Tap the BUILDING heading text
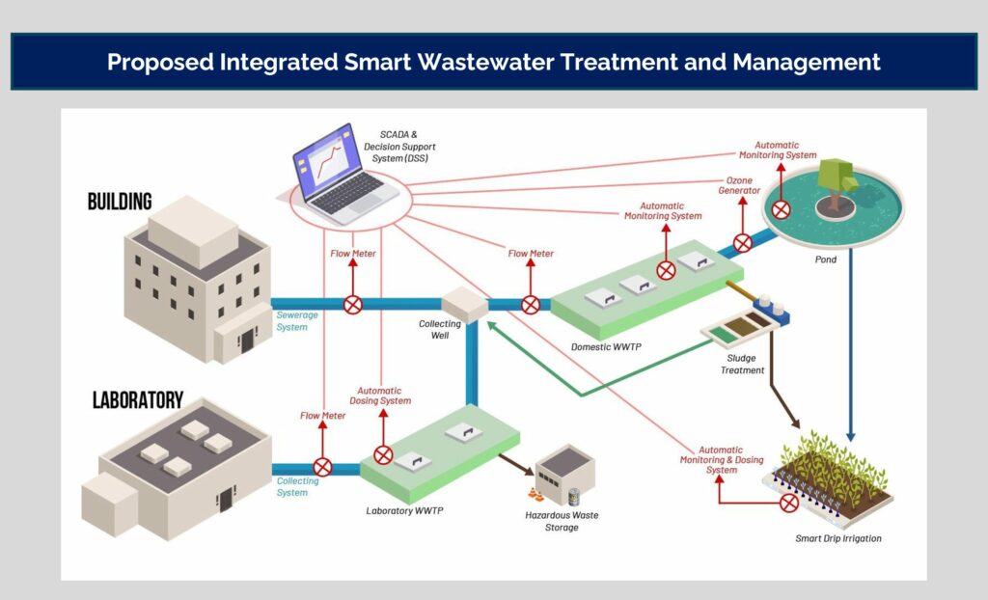pyautogui.click(x=120, y=202)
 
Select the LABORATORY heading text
pyautogui.click(x=138, y=399)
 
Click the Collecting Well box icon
pyautogui.click(x=464, y=304)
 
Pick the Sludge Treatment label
pyautogui.click(x=743, y=364)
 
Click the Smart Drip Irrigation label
pyautogui.click(x=838, y=538)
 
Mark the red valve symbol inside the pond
pyautogui.click(x=781, y=209)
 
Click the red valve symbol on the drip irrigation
pyautogui.click(x=789, y=503)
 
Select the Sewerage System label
pyautogui.click(x=291, y=321)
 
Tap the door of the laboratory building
pyautogui.click(x=225, y=500)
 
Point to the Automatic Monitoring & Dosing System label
pyautogui.click(x=721, y=460)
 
